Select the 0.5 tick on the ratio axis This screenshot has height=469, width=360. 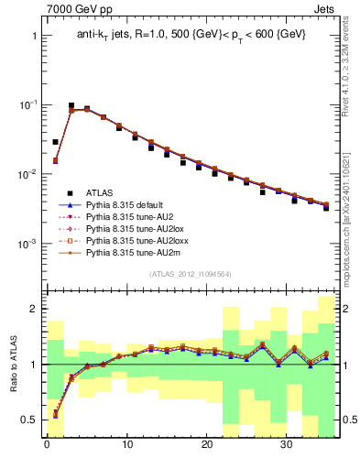coord(29,420)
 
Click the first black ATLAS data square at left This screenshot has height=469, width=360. coord(55,142)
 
